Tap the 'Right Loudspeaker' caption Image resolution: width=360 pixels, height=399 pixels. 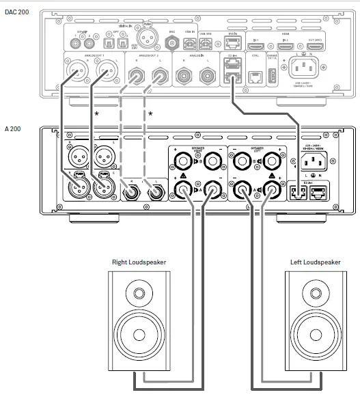pos(139,262)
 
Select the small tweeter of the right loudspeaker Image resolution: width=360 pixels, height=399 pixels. pos(139,295)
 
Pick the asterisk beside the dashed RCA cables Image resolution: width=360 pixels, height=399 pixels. pos(150,113)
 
